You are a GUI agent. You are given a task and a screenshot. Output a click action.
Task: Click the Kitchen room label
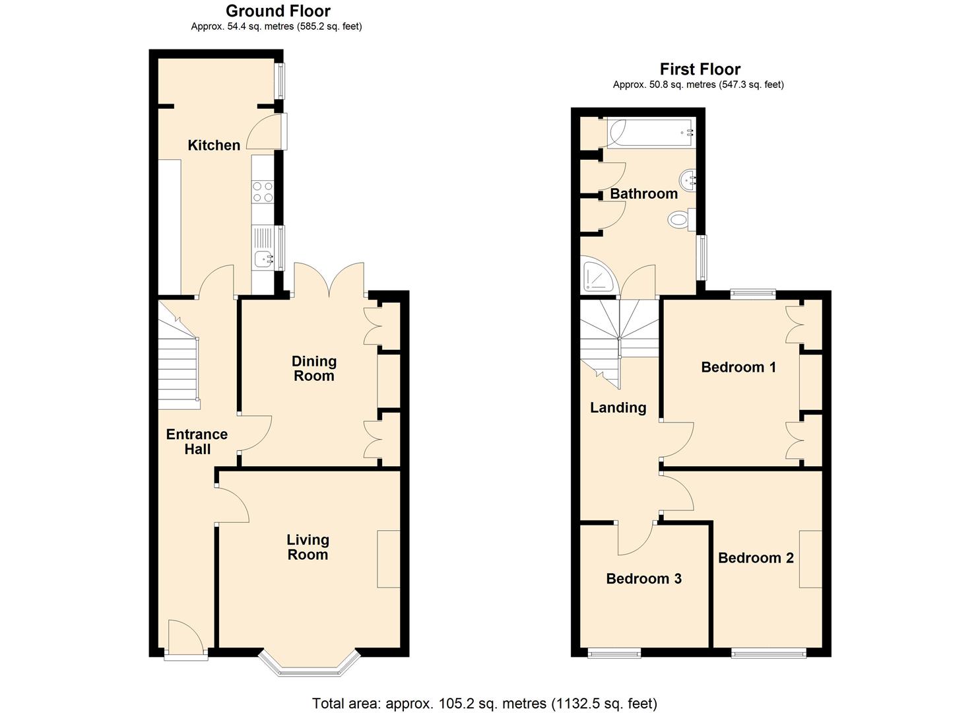pos(214,145)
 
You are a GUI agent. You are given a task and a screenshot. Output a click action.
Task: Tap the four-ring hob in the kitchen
pos(263,191)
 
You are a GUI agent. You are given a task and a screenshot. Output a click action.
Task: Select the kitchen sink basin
pos(265,260)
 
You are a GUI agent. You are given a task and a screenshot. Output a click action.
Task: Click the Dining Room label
pos(313,368)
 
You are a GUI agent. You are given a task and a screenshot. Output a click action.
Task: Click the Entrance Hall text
pos(197,442)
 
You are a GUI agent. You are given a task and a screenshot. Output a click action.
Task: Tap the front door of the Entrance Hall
pos(186,638)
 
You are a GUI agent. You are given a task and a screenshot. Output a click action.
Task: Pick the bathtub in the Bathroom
pos(651,133)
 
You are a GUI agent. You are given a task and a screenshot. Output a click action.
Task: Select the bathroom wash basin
pos(688,179)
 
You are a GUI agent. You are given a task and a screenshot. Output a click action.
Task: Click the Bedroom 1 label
pos(738,367)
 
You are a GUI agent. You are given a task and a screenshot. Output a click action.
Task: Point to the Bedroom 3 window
pos(614,654)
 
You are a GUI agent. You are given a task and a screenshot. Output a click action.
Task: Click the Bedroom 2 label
pos(756,558)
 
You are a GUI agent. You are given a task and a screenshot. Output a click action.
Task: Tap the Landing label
pos(618,407)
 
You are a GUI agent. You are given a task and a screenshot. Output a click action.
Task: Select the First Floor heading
pos(700,69)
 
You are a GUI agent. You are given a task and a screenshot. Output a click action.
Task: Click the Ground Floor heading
pos(278,11)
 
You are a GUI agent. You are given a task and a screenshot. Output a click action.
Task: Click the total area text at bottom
pos(484,703)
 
